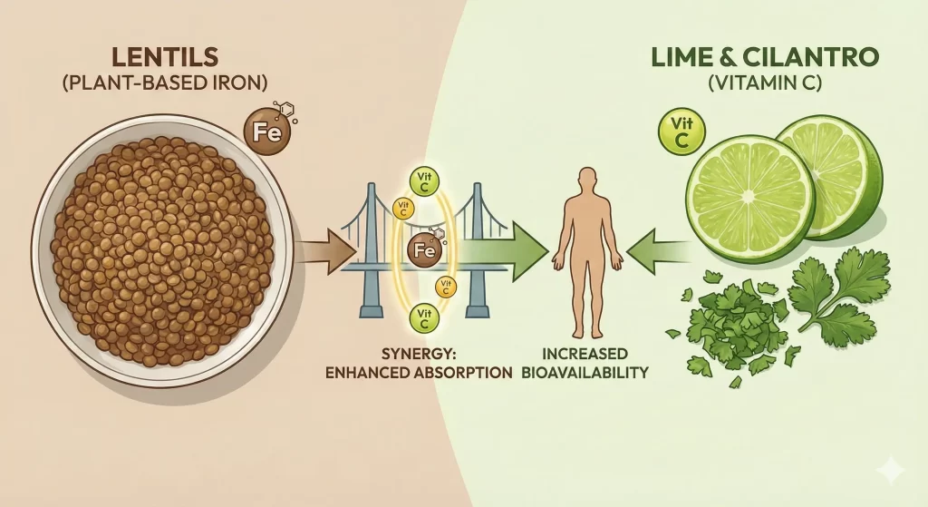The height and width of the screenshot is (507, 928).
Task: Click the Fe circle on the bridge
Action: tap(425, 249)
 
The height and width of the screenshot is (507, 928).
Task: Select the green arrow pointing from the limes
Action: tap(656, 250)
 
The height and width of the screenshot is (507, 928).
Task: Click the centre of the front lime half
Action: tap(749, 198)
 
